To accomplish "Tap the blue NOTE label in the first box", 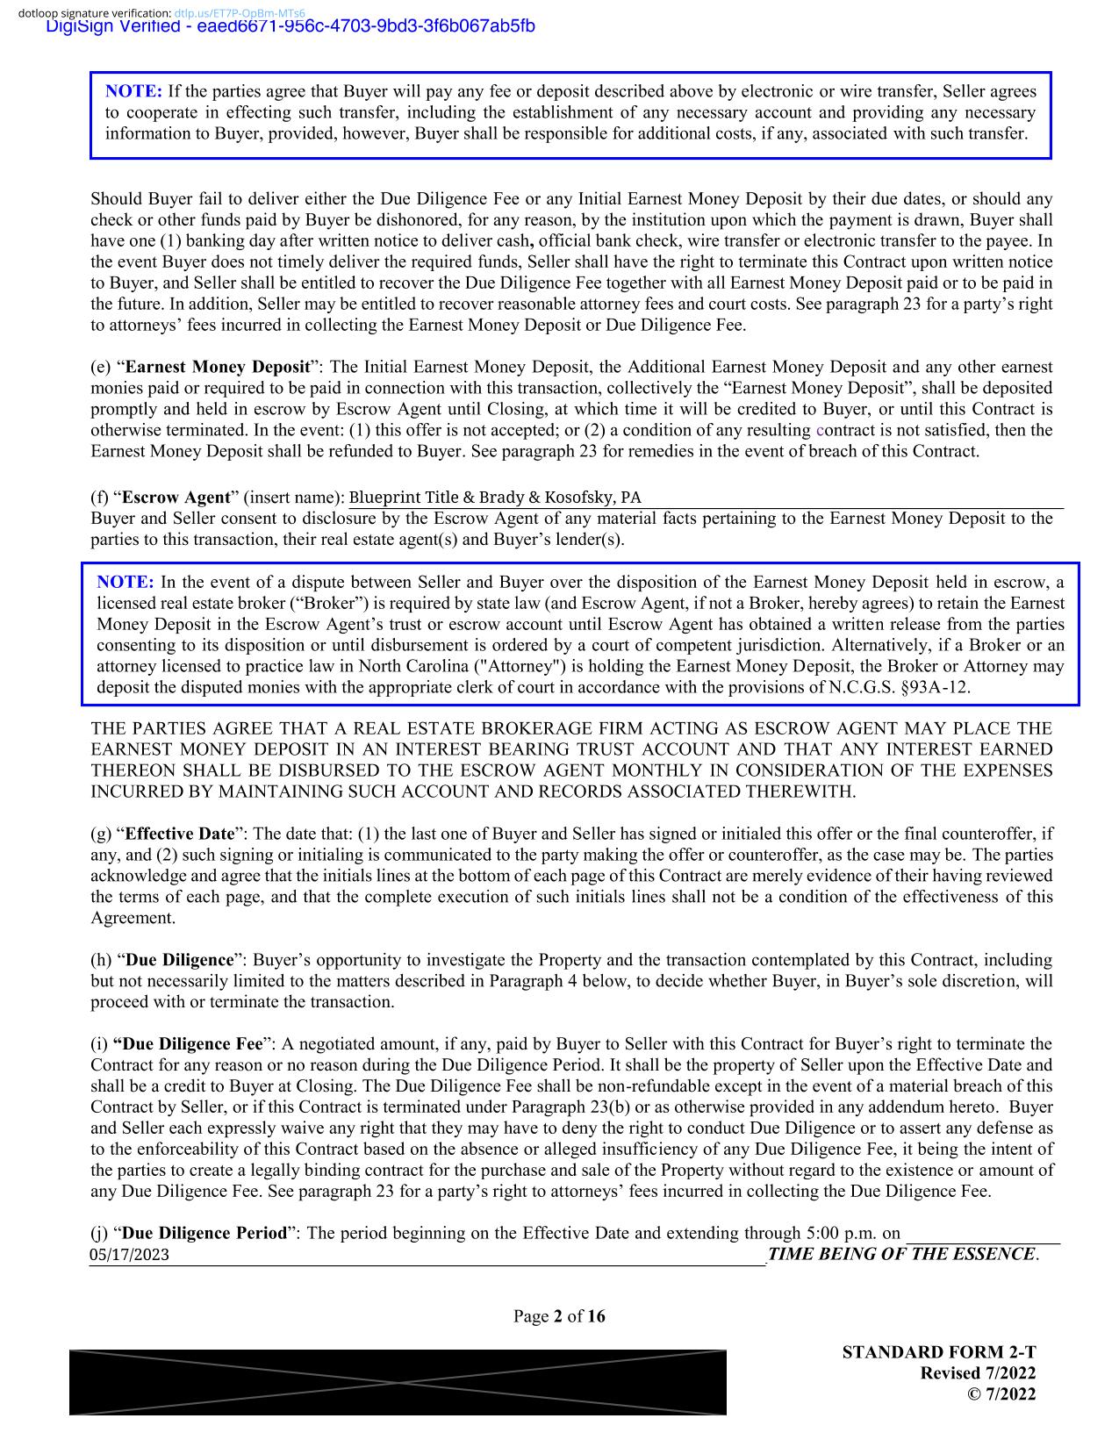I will (x=133, y=91).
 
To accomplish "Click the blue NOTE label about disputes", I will (x=125, y=583).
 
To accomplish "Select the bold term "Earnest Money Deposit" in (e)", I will (x=218, y=367).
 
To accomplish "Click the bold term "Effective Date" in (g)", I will (x=180, y=834).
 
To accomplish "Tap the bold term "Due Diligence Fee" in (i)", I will (x=188, y=1044).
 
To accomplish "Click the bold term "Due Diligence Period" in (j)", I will (x=206, y=1233).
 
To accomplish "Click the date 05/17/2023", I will (x=129, y=1255).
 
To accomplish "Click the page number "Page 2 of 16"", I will (x=559, y=1316).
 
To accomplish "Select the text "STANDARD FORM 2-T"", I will (x=938, y=1352).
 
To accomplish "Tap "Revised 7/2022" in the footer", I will (x=977, y=1373).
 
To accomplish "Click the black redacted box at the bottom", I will (x=398, y=1382).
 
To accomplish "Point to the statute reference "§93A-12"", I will (x=938, y=687).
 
